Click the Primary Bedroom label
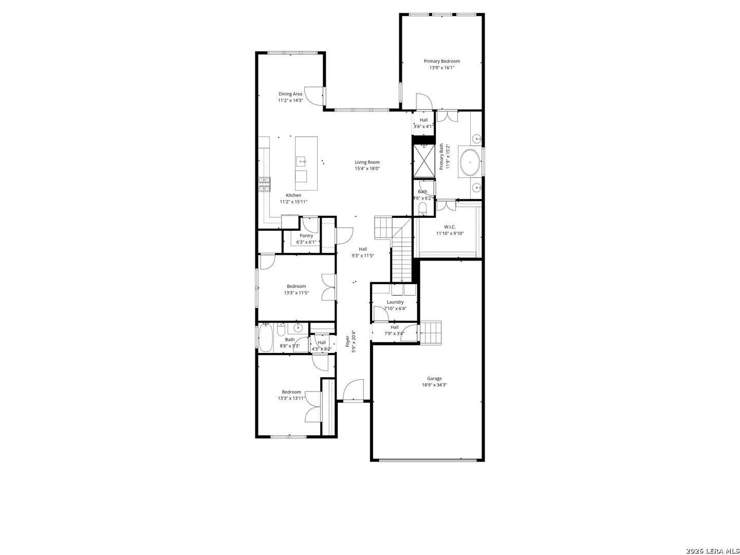(441, 61)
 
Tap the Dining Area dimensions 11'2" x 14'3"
(290, 100)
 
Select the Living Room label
(367, 162)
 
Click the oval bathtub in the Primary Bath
(470, 163)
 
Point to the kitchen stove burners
(264, 184)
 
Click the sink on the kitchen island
(301, 162)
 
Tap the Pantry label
(306, 236)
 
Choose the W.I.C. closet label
(450, 227)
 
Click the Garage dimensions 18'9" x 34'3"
(434, 385)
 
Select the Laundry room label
(395, 302)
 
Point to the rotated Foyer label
(347, 341)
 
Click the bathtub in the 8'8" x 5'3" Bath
(266, 337)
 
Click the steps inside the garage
(431, 332)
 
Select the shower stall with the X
(424, 160)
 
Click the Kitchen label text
(293, 195)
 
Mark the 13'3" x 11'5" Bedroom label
(297, 286)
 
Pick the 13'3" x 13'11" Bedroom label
(291, 392)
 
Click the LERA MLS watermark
(712, 550)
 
